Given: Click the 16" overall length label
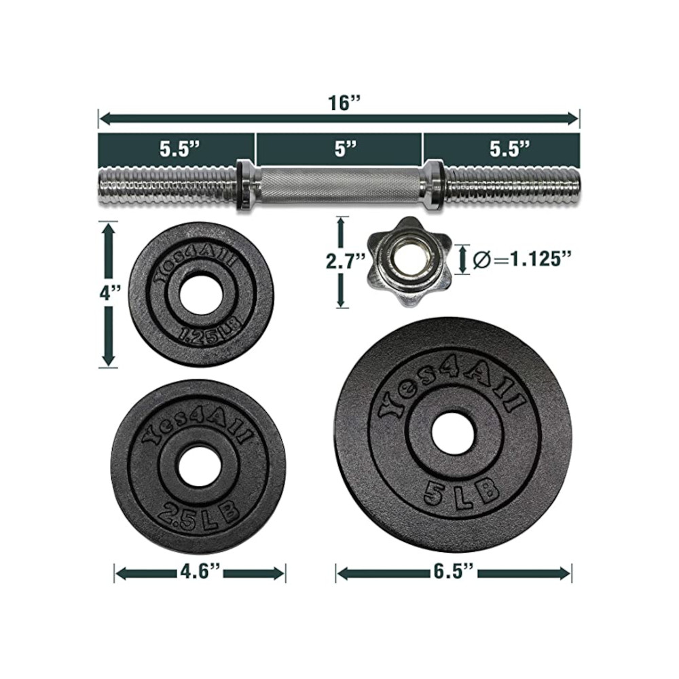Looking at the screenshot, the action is click(x=344, y=103).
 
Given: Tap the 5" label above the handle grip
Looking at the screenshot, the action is click(x=345, y=149).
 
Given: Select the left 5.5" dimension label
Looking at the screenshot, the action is click(x=179, y=149).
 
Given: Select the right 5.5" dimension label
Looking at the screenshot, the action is click(x=510, y=149).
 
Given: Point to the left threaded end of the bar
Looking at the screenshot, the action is click(x=168, y=186).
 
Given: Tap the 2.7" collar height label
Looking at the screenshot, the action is click(x=345, y=261).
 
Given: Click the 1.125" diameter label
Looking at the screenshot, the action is click(x=519, y=260).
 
